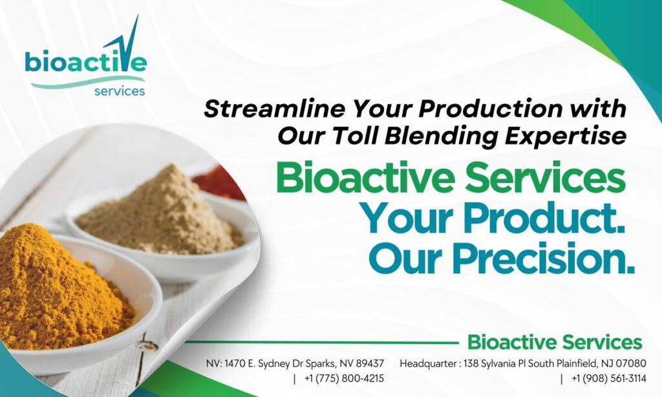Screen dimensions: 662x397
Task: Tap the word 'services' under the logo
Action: pyautogui.click(x=120, y=91)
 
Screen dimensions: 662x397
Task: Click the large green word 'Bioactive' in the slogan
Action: pyautogui.click(x=366, y=178)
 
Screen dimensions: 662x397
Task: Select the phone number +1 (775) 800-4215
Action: pyautogui.click(x=344, y=378)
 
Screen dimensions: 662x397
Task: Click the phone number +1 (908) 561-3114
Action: pyautogui.click(x=609, y=378)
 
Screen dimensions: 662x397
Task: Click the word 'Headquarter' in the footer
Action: pyautogui.click(x=427, y=363)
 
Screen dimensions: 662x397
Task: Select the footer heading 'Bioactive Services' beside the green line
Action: pyautogui.click(x=555, y=342)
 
